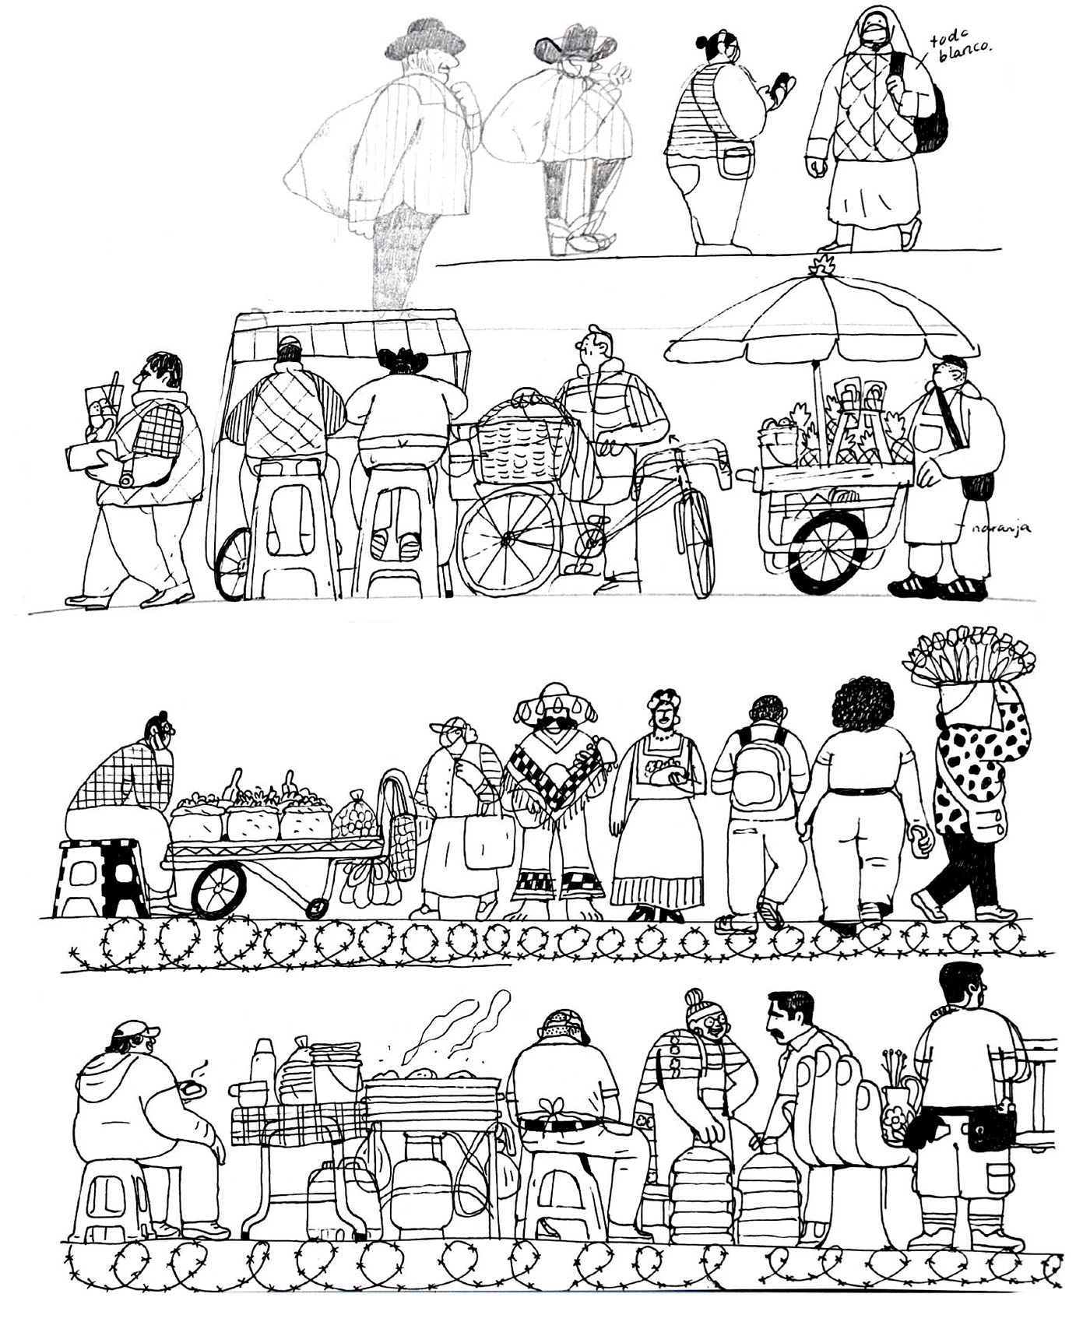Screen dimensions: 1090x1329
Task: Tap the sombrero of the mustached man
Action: (554, 699)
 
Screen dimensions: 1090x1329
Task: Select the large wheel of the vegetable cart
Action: (219, 888)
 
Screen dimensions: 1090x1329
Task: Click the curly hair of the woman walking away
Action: (866, 703)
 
